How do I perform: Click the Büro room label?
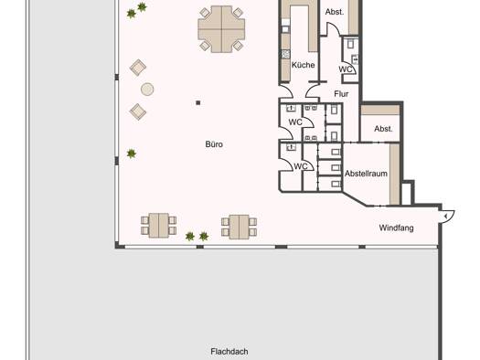(214, 144)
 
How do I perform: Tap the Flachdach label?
(229, 352)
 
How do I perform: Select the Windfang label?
(396, 228)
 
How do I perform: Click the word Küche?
(303, 65)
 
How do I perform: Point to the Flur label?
(341, 94)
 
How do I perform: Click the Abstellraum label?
(366, 174)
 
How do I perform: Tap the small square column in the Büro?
(198, 102)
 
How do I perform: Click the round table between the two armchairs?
(147, 90)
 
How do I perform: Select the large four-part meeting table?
(221, 29)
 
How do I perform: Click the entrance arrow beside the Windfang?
(446, 217)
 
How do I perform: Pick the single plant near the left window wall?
(132, 154)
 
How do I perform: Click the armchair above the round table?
(138, 68)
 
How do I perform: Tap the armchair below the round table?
(138, 111)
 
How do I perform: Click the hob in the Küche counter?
(285, 55)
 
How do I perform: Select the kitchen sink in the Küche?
(285, 29)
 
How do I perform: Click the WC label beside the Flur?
(346, 69)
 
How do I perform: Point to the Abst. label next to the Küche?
(335, 12)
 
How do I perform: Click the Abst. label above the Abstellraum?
(383, 129)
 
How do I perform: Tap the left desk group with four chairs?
(158, 226)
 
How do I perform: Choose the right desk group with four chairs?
(239, 227)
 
